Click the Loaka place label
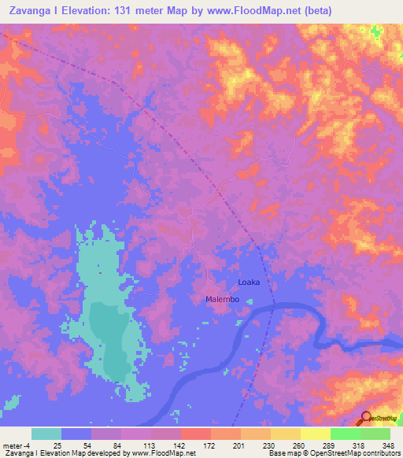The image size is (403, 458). pyautogui.click(x=248, y=282)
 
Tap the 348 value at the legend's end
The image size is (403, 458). pyautogui.click(x=387, y=445)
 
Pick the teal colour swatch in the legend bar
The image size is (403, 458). pyautogui.click(x=46, y=434)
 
